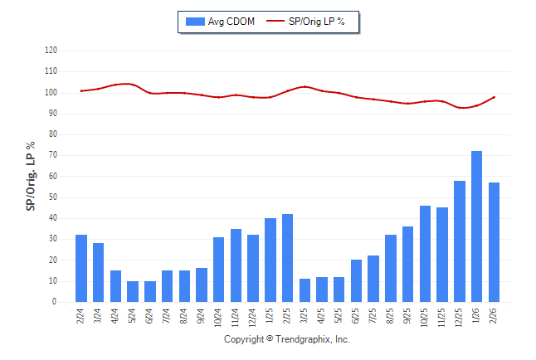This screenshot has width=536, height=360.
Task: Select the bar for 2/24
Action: (x=81, y=268)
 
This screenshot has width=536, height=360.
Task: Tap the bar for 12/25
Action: (x=460, y=241)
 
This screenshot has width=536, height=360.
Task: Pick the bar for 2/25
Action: (x=287, y=258)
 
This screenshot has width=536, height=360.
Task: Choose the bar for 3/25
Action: (x=305, y=290)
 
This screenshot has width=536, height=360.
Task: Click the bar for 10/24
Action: (x=219, y=270)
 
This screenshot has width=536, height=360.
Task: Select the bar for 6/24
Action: (x=150, y=291)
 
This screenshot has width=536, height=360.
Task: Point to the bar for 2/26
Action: (x=495, y=242)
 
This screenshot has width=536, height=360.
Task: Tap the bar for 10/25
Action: (x=425, y=254)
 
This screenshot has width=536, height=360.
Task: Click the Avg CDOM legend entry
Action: (x=221, y=21)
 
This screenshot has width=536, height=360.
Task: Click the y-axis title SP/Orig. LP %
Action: (x=31, y=176)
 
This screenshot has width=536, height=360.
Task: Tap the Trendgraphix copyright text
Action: (x=287, y=340)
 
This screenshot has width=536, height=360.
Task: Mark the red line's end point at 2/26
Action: (x=495, y=97)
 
